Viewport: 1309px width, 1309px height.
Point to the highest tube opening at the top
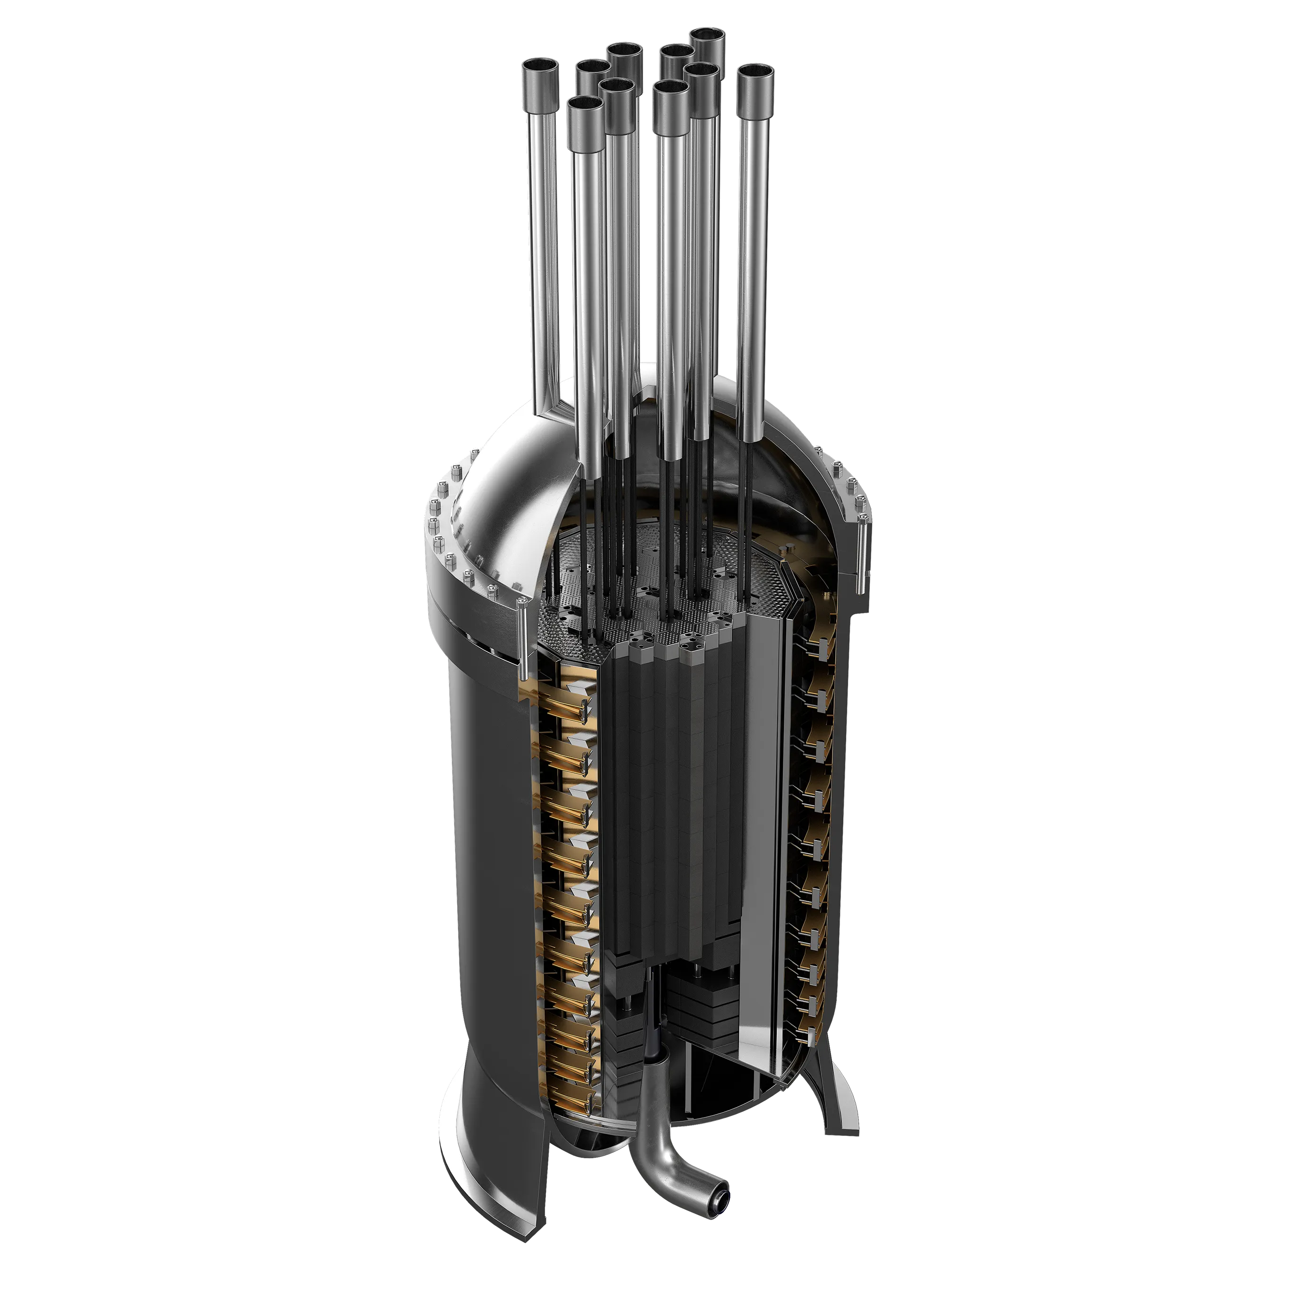(x=706, y=35)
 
